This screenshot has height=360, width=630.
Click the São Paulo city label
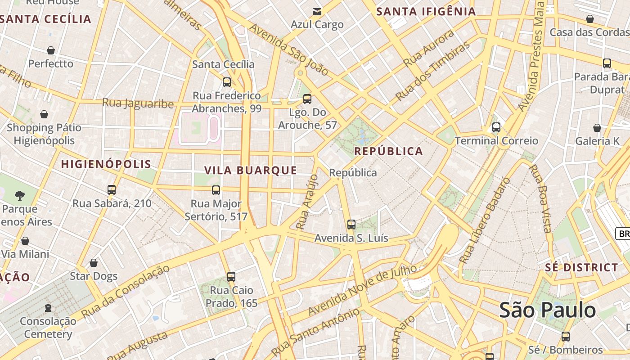click(x=548, y=310)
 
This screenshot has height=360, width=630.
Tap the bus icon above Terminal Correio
click(x=496, y=127)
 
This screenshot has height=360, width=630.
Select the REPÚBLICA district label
click(x=389, y=151)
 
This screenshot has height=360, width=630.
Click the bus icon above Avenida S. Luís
click(x=351, y=224)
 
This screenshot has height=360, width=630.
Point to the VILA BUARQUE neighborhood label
click(x=251, y=170)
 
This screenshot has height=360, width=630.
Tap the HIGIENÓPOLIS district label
click(x=106, y=164)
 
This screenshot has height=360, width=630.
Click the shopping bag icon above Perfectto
click(x=51, y=50)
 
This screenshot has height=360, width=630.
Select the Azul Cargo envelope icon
click(x=317, y=12)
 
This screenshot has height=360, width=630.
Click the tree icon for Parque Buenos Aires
click(x=19, y=195)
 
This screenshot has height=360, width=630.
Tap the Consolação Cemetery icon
click(x=48, y=308)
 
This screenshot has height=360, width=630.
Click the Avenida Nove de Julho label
click(x=362, y=290)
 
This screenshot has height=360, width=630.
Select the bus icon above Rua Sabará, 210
click(x=112, y=190)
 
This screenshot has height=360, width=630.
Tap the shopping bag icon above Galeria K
click(x=597, y=128)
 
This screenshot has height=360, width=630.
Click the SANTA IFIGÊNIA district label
click(x=426, y=12)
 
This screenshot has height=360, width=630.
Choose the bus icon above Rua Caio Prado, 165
click(x=231, y=276)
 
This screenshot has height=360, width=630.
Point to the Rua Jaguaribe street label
click(x=138, y=103)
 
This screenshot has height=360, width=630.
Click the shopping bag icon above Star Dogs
click(x=94, y=263)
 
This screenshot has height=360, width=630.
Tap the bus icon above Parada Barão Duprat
click(x=607, y=63)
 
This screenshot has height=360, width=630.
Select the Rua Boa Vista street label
click(x=540, y=198)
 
